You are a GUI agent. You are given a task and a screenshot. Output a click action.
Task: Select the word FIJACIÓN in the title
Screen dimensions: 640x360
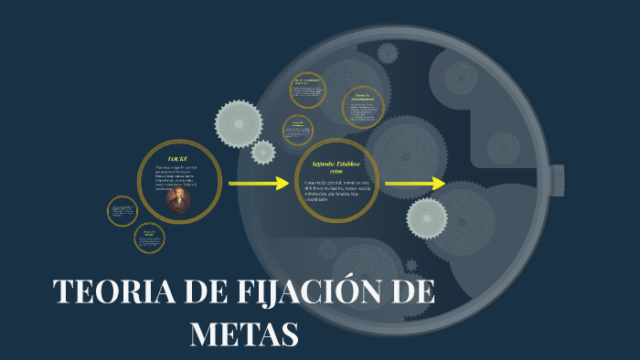pos(293,292)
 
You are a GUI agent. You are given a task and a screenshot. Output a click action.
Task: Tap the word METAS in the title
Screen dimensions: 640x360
pos(244,333)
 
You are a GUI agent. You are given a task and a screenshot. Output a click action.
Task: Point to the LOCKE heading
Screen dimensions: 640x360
pos(178,159)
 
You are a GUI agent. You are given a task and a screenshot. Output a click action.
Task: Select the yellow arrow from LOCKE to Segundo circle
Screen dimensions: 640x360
pos(258,184)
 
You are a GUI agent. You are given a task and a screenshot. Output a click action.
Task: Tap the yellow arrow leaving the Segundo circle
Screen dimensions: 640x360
pos(414,184)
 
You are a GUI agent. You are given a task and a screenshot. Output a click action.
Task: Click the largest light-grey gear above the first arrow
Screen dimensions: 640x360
pos(239,123)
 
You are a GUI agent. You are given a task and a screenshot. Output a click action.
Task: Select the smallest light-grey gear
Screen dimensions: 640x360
pos(263,152)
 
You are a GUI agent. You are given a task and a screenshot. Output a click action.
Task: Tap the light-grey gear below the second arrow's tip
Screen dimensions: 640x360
pos(426,217)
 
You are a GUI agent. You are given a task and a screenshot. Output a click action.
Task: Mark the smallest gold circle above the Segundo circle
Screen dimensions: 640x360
pos(298,129)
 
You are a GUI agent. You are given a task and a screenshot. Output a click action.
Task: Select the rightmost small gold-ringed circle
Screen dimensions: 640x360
pos(363,107)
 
